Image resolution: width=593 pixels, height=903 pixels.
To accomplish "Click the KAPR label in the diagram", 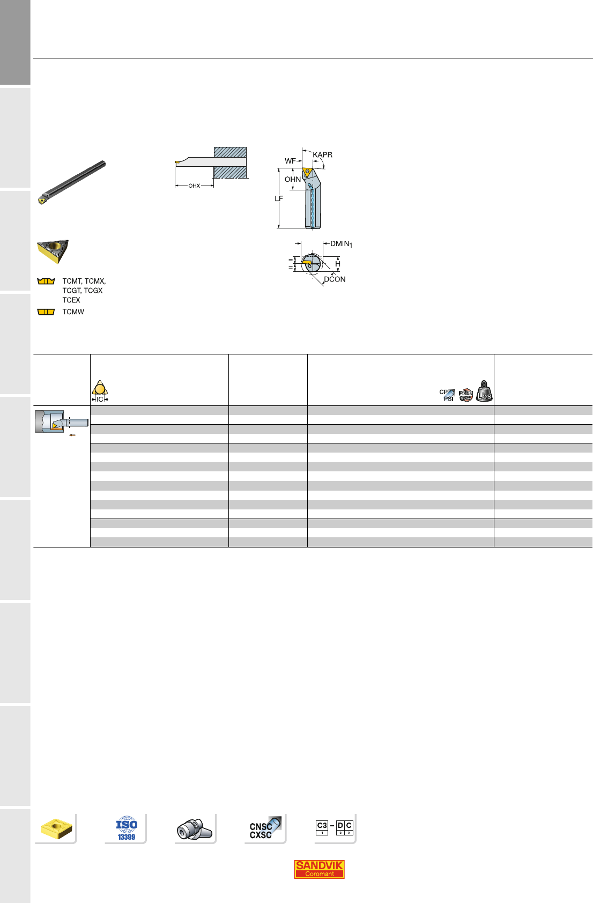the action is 322,155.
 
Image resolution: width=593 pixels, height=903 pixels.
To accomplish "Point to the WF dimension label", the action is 290,161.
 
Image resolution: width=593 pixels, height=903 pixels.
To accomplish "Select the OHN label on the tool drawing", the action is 293,180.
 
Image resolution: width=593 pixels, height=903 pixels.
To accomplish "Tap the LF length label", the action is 279,198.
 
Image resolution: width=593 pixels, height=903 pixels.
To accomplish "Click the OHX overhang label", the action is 194,186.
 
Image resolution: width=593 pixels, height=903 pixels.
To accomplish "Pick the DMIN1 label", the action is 341,244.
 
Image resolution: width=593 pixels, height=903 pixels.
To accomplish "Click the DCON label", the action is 335,279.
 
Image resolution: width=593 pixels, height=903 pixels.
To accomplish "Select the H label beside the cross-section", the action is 338,264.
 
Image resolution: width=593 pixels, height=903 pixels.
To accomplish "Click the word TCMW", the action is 73,312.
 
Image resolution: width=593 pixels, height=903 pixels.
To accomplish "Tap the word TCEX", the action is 71,300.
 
